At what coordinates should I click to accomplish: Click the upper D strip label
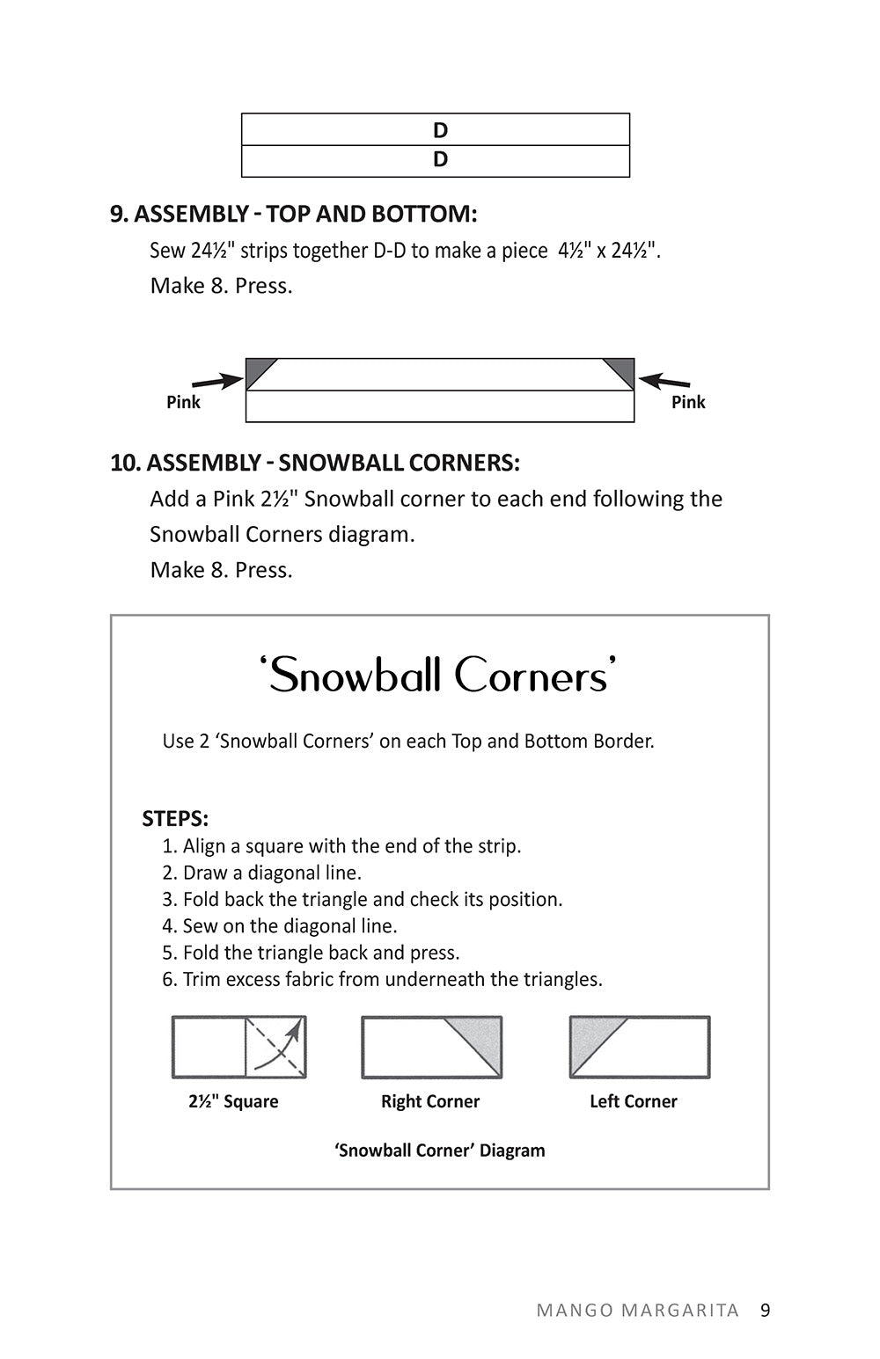[440, 130]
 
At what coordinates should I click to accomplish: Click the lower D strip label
[440, 159]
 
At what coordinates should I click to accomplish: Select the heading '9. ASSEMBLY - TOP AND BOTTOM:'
[294, 214]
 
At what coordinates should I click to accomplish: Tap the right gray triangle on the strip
[622, 369]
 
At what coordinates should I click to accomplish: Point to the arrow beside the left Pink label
[216, 382]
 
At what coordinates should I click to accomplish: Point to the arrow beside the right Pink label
[664, 382]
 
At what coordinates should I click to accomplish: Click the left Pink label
[183, 402]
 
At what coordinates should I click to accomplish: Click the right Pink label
[688, 402]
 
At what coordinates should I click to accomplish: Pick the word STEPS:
[175, 819]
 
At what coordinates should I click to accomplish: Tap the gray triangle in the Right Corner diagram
[480, 1038]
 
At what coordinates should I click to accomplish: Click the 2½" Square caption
[233, 1101]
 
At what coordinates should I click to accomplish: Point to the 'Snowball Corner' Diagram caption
[439, 1151]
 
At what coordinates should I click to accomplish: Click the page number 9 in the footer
[765, 1310]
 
